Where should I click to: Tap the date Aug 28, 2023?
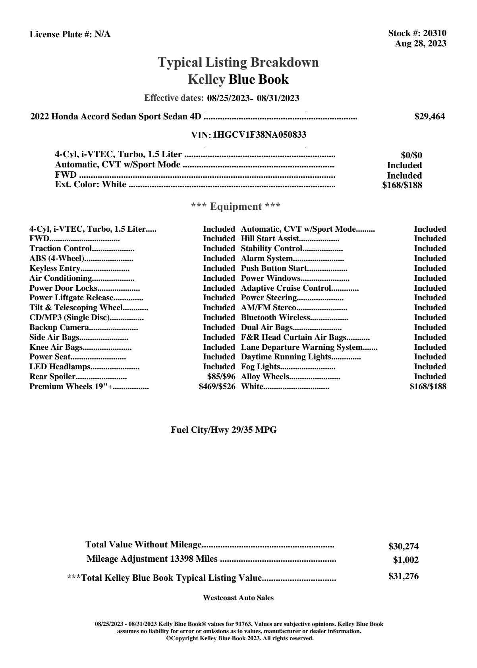[x=420, y=44]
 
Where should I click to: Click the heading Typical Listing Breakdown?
[x=238, y=62]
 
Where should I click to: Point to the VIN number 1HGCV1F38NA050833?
[x=259, y=135]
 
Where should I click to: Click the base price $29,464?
[x=429, y=117]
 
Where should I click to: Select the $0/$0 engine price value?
[x=411, y=155]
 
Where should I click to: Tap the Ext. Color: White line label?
[x=91, y=184]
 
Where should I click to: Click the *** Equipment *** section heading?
[x=236, y=207]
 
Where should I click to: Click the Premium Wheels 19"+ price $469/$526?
[x=217, y=386]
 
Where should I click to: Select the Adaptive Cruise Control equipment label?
[x=286, y=288]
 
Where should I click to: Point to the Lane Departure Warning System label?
[x=302, y=347]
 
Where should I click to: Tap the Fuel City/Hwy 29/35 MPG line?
[x=224, y=430]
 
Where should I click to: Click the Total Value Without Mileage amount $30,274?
[x=403, y=547]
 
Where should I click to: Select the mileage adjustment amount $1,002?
[x=406, y=561]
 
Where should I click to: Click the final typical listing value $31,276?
[x=403, y=576]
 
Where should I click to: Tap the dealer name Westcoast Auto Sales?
[x=238, y=598]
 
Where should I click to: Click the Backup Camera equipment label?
[x=59, y=327]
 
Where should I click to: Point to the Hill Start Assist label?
[x=270, y=239]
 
